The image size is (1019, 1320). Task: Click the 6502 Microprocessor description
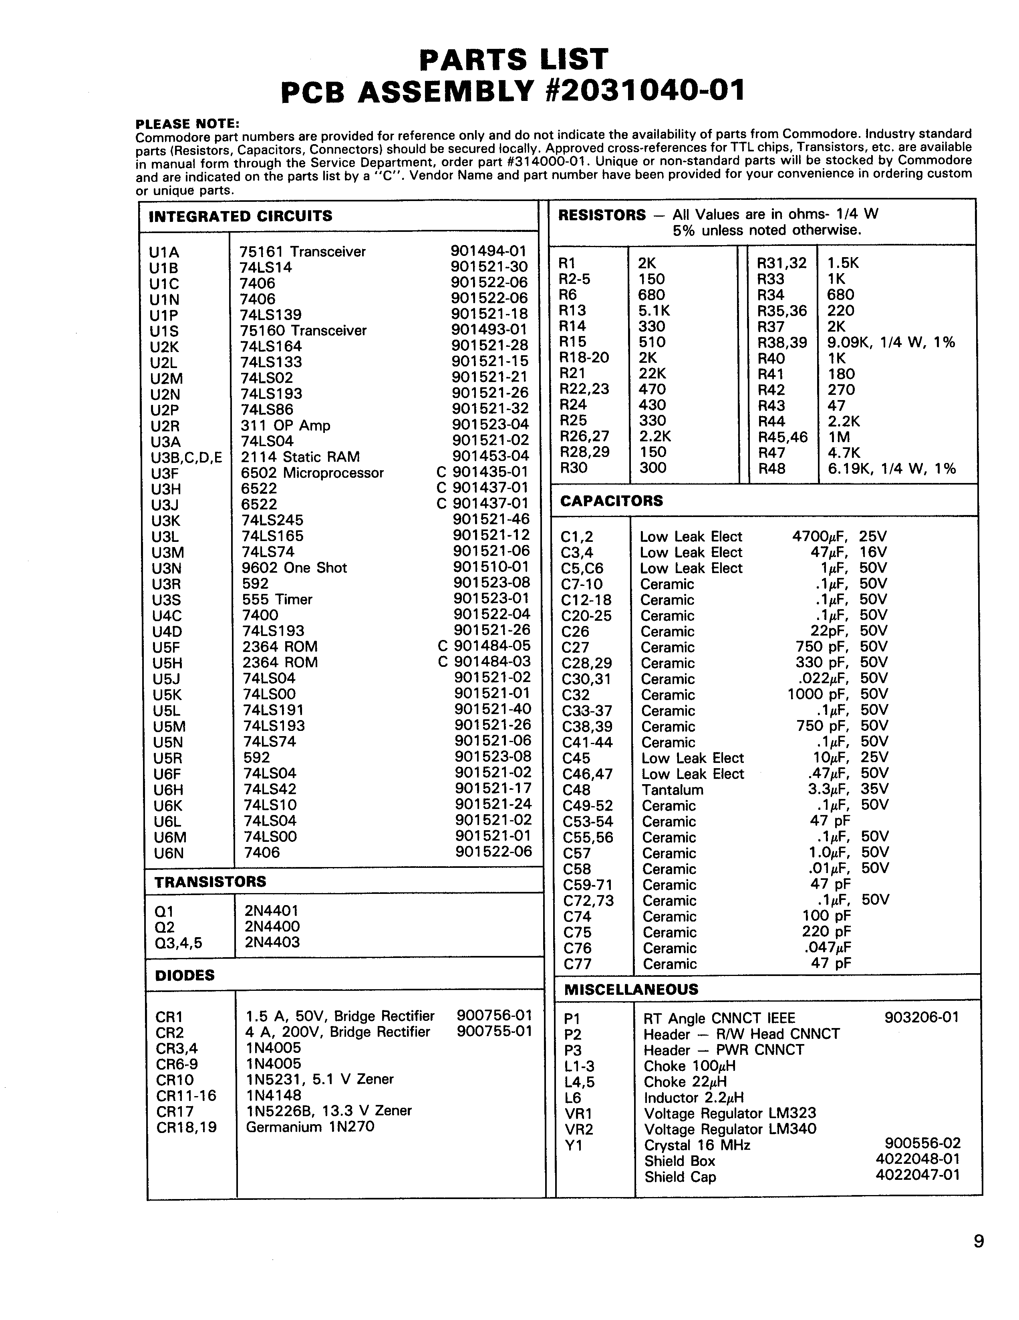pyautogui.click(x=312, y=473)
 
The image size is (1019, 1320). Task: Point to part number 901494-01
pyautogui.click(x=488, y=251)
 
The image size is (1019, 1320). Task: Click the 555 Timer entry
pyautogui.click(x=277, y=600)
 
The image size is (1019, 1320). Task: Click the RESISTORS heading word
pyautogui.click(x=601, y=215)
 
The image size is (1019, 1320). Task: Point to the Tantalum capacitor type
pyautogui.click(x=672, y=790)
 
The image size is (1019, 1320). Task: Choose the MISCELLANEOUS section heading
pyautogui.click(x=631, y=989)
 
